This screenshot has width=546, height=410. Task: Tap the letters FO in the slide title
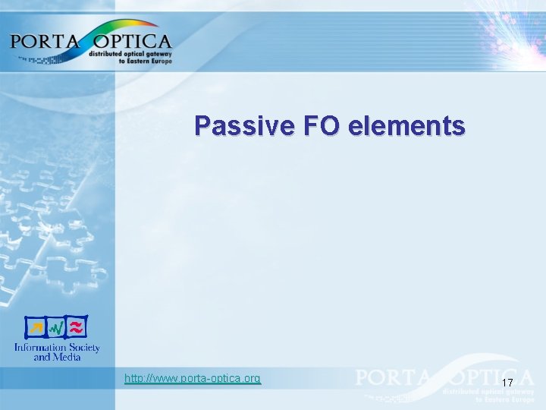pos(320,125)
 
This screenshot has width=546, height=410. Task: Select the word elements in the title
pos(406,125)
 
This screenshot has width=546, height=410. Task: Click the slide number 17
pos(507,383)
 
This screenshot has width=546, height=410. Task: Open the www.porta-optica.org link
pos(193,378)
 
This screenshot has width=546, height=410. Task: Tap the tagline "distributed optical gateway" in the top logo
pos(130,54)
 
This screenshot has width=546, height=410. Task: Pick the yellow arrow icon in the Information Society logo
pos(35,328)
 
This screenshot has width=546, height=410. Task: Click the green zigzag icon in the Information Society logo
pos(55,328)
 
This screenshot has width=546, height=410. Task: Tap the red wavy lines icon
pos(76,328)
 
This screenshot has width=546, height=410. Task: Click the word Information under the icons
pos(38,347)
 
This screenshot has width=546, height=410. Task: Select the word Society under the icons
pos(82,347)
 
